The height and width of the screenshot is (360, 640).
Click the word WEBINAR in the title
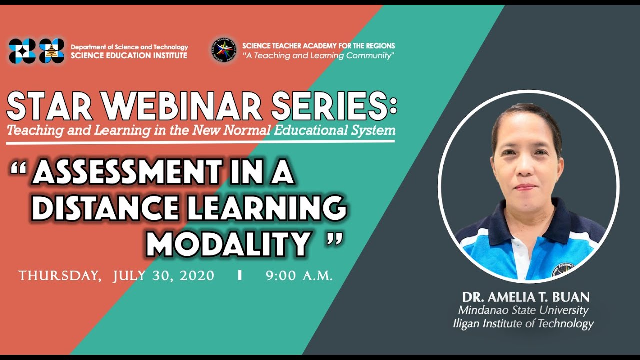pyautogui.click(x=190, y=106)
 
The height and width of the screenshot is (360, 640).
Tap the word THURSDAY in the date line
pyautogui.click(x=59, y=276)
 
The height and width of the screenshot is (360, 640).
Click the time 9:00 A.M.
pyautogui.click(x=299, y=276)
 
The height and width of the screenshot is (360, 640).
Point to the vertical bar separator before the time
pyautogui.click(x=240, y=275)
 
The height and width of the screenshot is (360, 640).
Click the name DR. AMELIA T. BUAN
pyautogui.click(x=525, y=297)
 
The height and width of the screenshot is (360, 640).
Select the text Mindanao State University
pyautogui.click(x=523, y=310)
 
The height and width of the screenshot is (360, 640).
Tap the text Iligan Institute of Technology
pyautogui.click(x=523, y=324)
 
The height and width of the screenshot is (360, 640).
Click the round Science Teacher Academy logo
pyautogui.click(x=223, y=50)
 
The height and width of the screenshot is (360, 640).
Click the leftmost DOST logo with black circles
pyautogui.click(x=22, y=51)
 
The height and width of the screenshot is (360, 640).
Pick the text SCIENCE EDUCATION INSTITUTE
pyautogui.click(x=129, y=56)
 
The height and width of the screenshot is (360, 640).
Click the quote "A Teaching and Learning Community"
pyautogui.click(x=318, y=56)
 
